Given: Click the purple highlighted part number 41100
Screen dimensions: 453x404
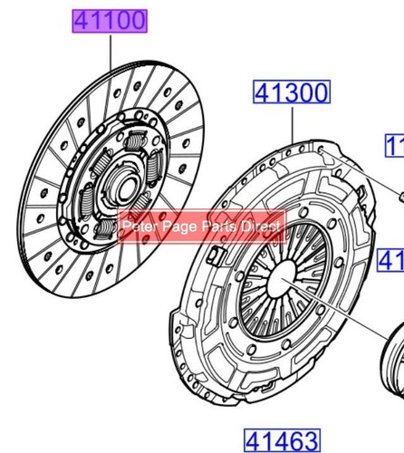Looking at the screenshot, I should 109,20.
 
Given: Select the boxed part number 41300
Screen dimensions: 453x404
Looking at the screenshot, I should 291,92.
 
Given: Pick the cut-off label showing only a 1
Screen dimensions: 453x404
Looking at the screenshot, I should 396,146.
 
